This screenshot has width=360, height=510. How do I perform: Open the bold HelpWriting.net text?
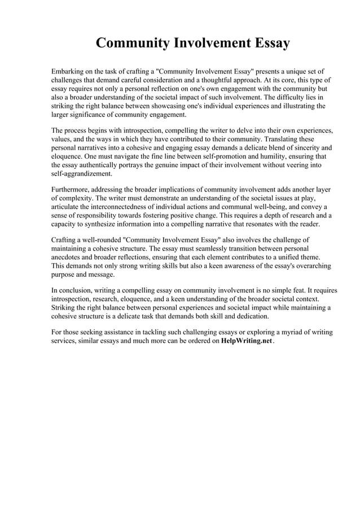pyautogui.click(x=246, y=342)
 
